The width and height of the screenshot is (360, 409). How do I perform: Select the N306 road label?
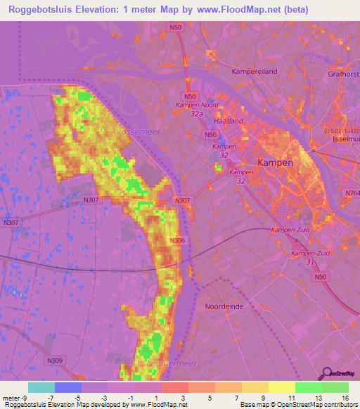(178, 241)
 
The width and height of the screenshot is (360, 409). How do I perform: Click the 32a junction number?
(196, 112)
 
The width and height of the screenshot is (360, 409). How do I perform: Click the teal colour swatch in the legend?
(41, 387)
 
